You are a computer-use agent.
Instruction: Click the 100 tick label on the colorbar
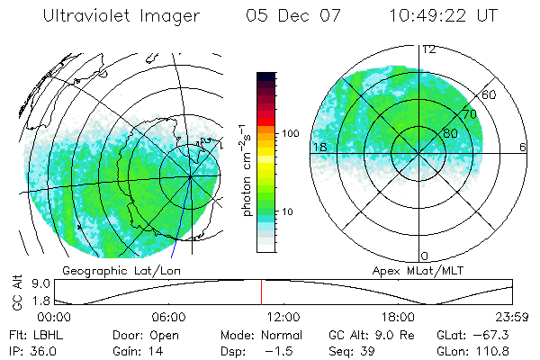(x=289, y=133)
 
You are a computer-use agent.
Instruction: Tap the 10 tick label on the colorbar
(x=286, y=212)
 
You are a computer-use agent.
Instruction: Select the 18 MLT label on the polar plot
(x=318, y=147)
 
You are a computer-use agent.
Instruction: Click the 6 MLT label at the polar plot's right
(x=523, y=147)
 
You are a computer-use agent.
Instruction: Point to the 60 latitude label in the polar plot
(x=490, y=94)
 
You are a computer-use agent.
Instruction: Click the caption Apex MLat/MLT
(x=409, y=270)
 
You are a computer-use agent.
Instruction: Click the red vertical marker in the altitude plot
(x=261, y=292)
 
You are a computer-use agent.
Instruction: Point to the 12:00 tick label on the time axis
(x=283, y=318)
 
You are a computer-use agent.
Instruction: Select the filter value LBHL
(x=49, y=335)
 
